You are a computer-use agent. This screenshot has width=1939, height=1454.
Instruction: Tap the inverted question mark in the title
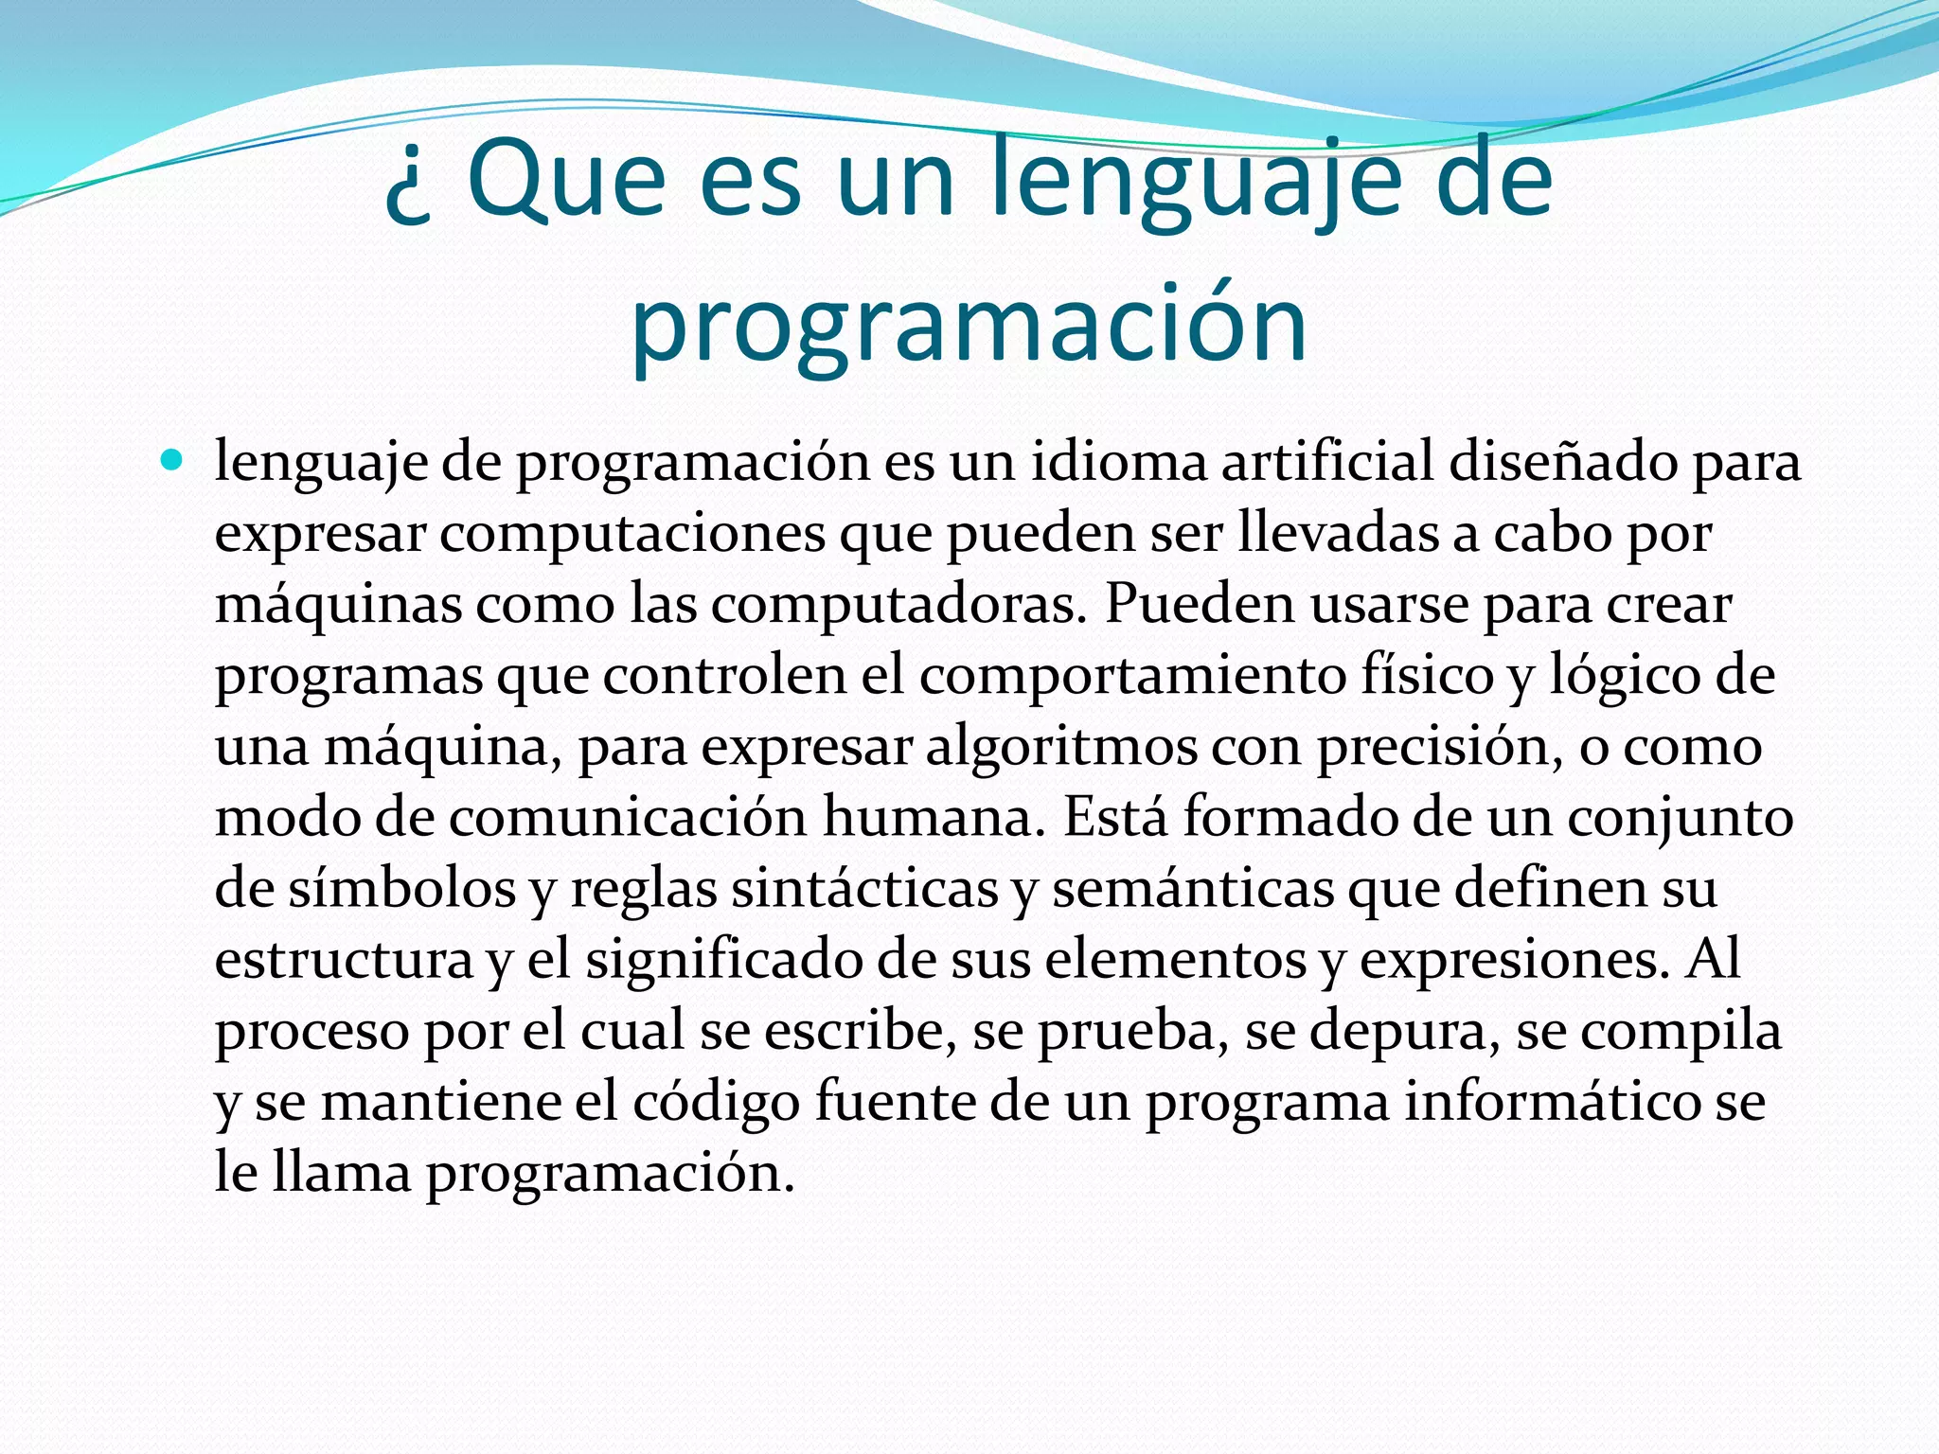click(x=408, y=189)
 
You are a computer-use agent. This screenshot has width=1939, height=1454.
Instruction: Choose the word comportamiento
click(x=1131, y=677)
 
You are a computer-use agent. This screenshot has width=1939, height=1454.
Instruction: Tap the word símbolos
click(x=402, y=888)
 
